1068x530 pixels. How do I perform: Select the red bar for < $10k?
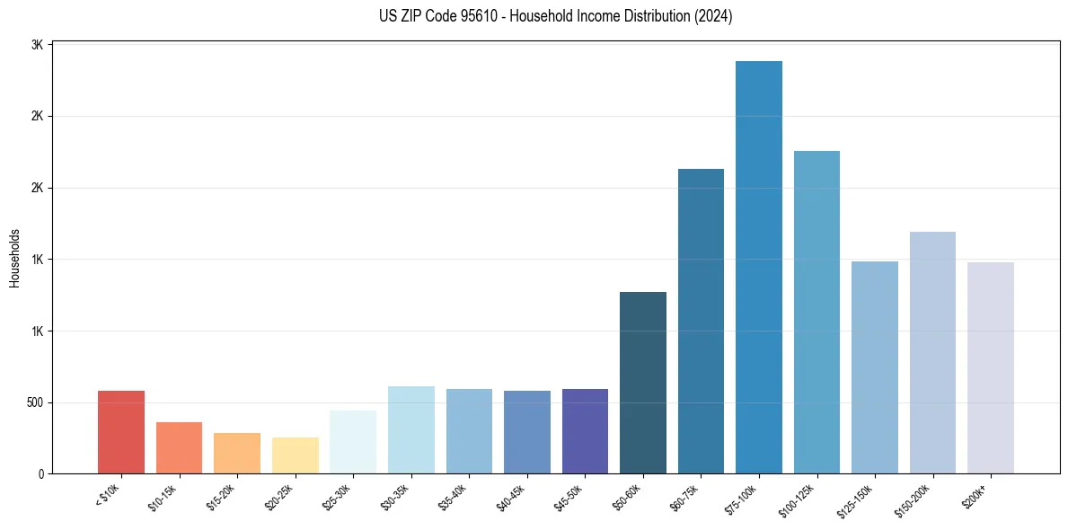(121, 432)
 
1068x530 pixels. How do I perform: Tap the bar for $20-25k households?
(296, 455)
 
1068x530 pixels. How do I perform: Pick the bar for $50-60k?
(643, 383)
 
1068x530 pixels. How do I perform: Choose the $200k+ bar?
(991, 367)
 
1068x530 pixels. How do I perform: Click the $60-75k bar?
(701, 321)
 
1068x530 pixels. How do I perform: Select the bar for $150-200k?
(932, 352)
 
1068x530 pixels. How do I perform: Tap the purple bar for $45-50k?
(585, 431)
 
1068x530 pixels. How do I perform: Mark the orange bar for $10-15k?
(180, 447)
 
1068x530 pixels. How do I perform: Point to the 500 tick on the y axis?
(34, 402)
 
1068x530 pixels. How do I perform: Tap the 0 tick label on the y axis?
(41, 473)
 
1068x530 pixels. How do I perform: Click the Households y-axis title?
(14, 259)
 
